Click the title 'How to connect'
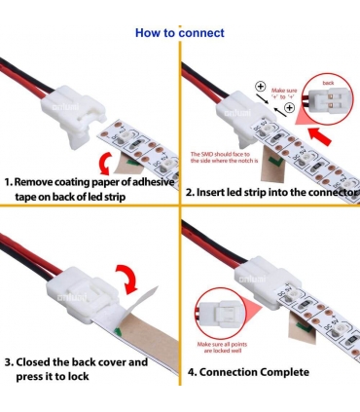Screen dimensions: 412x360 pyautogui.click(x=179, y=33)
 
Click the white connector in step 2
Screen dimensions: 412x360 pyautogui.click(x=239, y=105)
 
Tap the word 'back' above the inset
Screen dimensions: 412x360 pyautogui.click(x=328, y=83)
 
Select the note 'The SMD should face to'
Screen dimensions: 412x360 pyautogui.click(x=220, y=154)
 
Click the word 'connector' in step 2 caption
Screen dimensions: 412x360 pyautogui.click(x=325, y=190)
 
